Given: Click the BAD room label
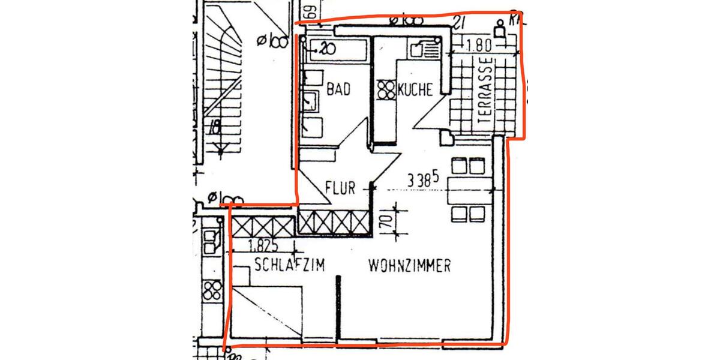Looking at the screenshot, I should point(338,90).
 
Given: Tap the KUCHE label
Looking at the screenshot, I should point(415,91).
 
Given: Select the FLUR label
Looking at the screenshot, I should point(340,188).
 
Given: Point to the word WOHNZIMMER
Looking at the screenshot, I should point(410,266).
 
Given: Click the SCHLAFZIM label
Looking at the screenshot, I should point(289,265).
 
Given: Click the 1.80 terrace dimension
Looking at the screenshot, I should point(479,44).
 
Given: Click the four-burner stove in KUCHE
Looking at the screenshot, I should point(386,90).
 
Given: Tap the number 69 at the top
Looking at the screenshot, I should point(310,11).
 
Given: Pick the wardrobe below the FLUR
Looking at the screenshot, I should point(333,223).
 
